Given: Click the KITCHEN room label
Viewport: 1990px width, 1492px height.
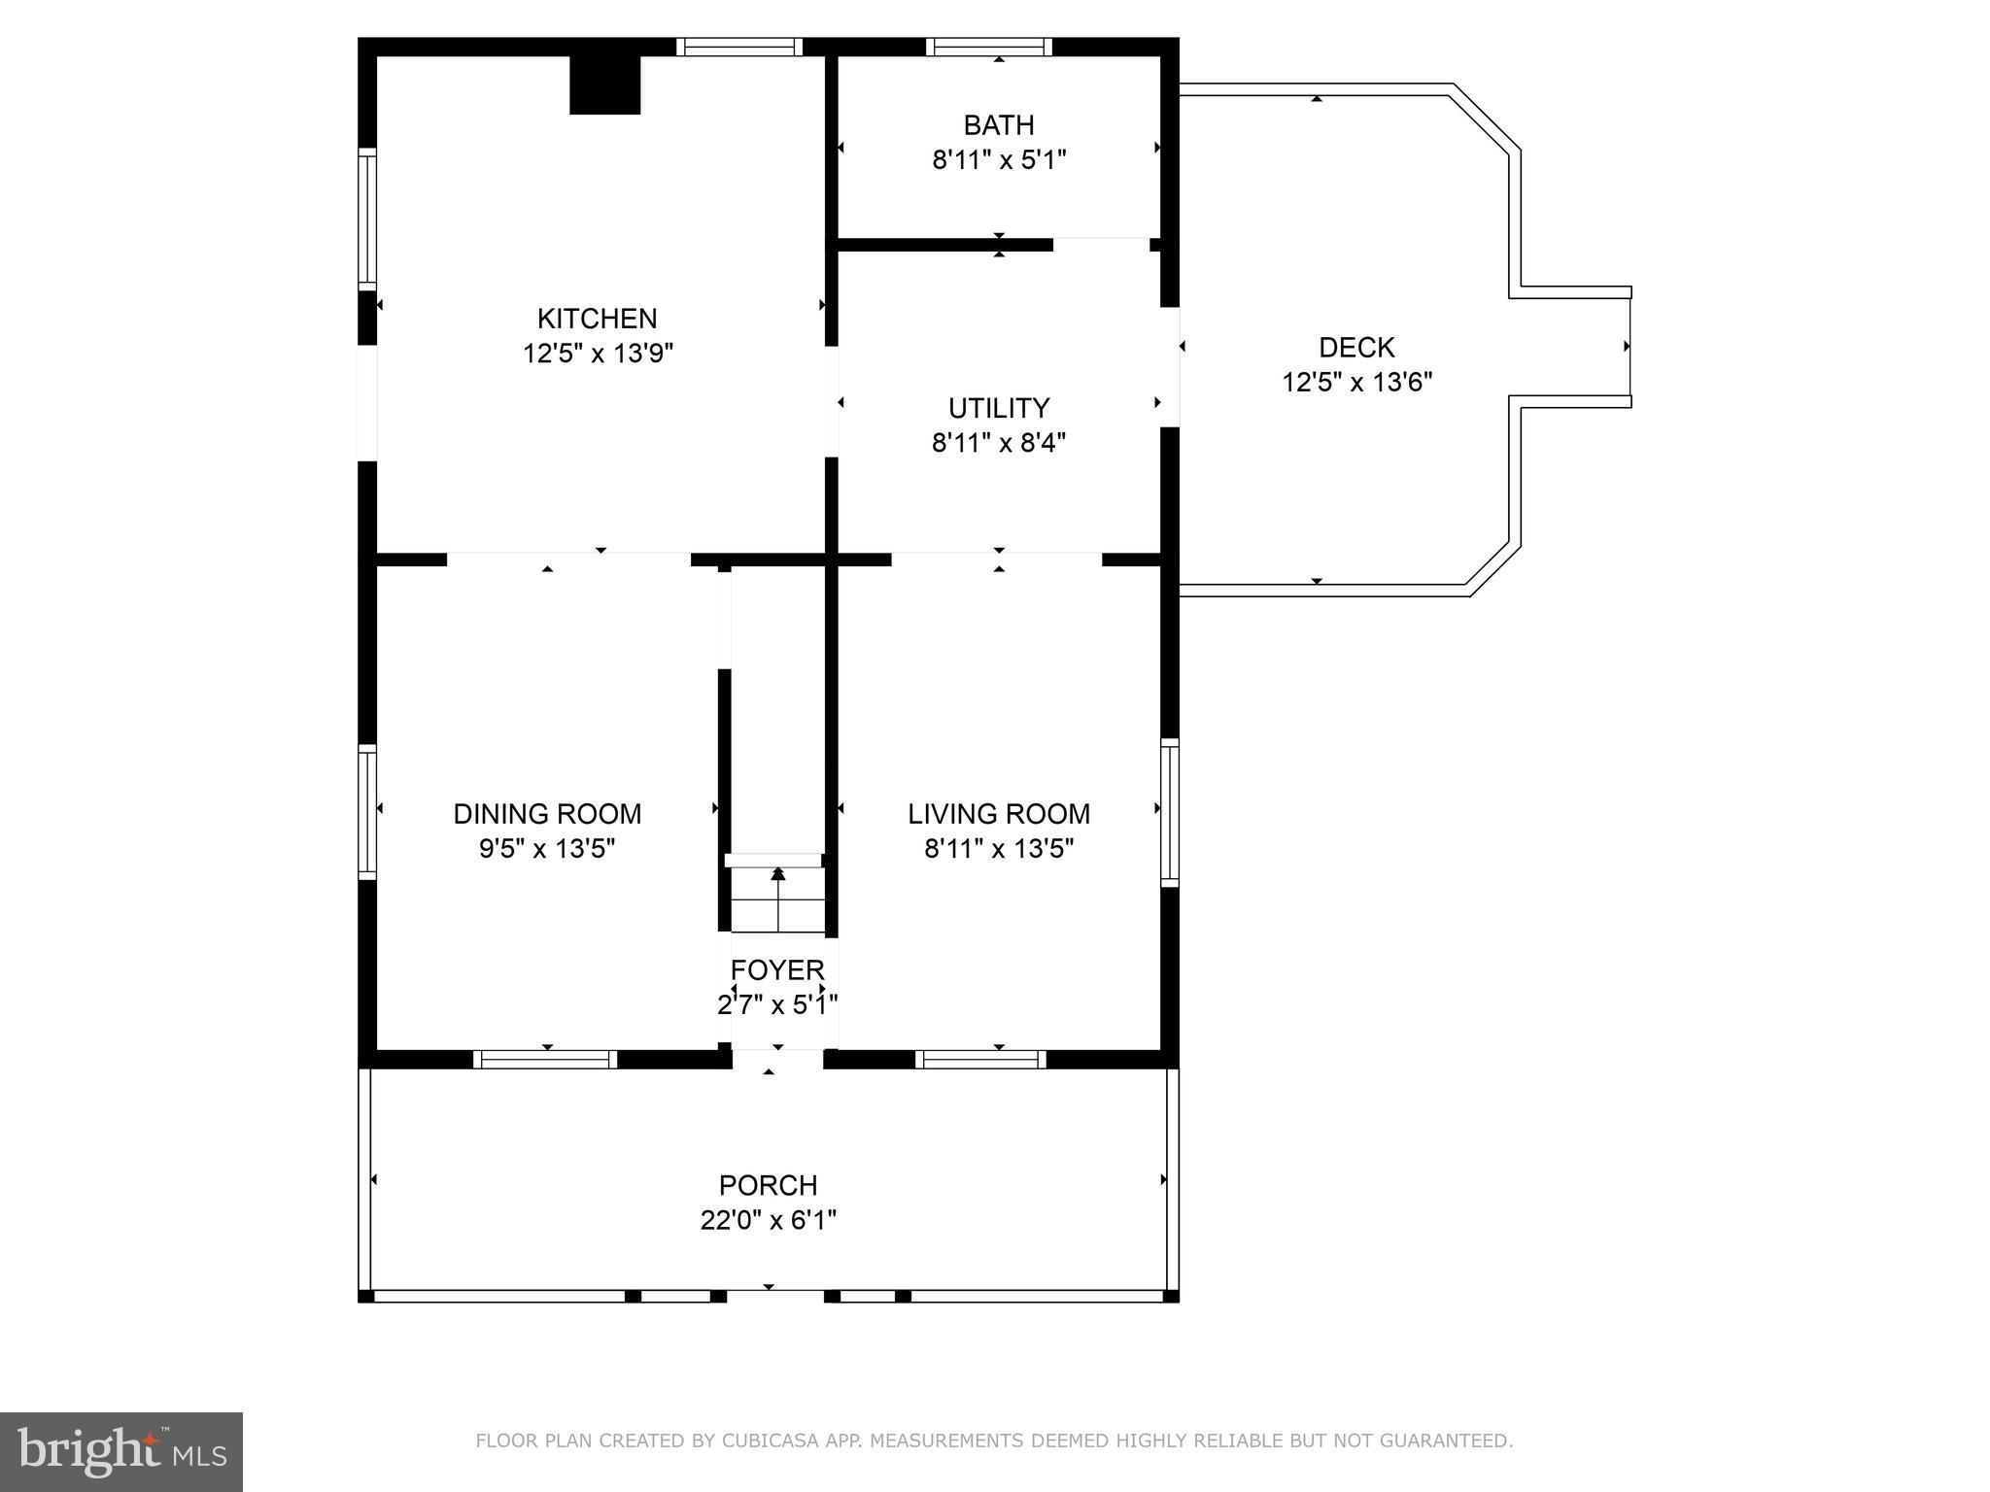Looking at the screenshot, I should (597, 319).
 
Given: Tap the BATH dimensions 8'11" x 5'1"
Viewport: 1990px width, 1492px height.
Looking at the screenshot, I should (999, 160).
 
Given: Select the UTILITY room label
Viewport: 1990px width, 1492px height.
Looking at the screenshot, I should (999, 408).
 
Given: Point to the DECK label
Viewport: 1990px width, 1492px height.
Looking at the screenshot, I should (1356, 348).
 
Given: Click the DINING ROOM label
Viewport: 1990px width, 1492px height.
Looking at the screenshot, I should (547, 814).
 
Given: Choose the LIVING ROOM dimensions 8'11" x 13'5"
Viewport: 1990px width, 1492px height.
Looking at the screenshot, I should (999, 849).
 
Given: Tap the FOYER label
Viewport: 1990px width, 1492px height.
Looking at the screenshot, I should (777, 970).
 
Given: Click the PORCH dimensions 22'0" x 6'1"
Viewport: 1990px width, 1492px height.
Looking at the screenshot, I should (768, 1220).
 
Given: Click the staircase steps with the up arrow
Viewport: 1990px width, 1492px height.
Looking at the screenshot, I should (777, 899).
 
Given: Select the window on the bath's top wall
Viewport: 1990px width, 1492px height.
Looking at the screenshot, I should (989, 47).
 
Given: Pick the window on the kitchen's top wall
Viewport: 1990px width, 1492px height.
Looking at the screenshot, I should (739, 47).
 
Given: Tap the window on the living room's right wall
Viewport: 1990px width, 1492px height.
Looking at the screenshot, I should (1170, 812).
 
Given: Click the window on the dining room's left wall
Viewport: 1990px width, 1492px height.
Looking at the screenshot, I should (367, 812).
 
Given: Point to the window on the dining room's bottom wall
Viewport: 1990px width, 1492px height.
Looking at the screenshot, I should (545, 1060).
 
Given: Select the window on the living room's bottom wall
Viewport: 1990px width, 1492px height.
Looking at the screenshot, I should (980, 1060).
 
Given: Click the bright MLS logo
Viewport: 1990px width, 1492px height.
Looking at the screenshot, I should (121, 1451).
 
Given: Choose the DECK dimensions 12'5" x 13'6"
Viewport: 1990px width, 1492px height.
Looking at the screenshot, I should (1356, 383).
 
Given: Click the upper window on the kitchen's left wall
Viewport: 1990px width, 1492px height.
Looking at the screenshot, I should (367, 219).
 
